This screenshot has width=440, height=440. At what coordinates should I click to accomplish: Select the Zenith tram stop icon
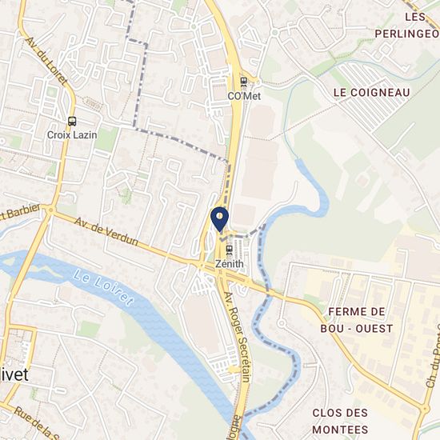point(230,249)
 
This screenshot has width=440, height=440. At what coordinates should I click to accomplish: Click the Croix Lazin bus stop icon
point(72,121)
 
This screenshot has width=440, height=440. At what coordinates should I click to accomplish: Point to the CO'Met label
point(245,96)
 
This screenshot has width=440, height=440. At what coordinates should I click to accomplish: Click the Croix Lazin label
point(72,135)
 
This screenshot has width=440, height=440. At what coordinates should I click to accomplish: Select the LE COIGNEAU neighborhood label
point(371,93)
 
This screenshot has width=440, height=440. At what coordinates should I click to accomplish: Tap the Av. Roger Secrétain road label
point(237,328)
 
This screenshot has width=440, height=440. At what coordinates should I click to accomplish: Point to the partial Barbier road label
point(16,214)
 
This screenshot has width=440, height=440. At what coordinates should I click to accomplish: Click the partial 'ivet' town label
point(13,377)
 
